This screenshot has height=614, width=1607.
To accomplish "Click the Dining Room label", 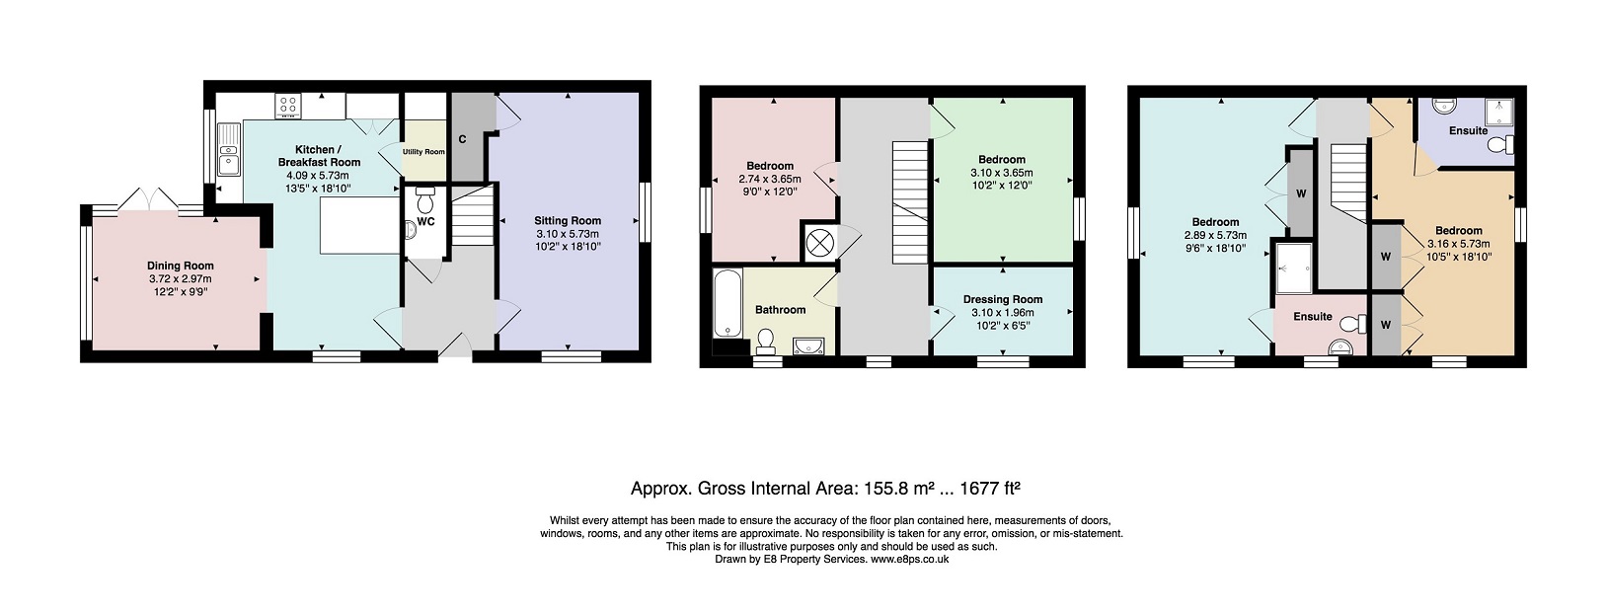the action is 180,266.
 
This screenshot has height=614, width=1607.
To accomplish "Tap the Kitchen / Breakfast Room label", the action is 319,156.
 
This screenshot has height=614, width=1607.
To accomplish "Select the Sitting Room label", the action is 568,220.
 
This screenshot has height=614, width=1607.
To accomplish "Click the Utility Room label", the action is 423,151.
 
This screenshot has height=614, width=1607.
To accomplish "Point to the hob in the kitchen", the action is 289,107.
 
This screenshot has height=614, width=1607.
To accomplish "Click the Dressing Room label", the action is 1003,299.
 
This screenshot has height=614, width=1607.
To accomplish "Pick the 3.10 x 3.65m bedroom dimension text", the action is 1002,172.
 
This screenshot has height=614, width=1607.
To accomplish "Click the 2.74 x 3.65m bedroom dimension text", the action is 770,179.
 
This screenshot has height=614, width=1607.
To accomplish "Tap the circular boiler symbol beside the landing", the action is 818,242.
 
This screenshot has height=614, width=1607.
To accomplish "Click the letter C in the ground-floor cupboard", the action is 462,139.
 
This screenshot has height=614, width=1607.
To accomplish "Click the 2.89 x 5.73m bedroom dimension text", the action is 1215,235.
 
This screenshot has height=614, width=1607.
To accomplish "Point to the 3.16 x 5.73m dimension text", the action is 1458,243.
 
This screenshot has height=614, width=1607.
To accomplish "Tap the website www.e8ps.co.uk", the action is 910,559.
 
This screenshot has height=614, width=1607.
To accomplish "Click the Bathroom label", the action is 780,310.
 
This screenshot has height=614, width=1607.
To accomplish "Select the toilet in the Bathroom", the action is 765,342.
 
